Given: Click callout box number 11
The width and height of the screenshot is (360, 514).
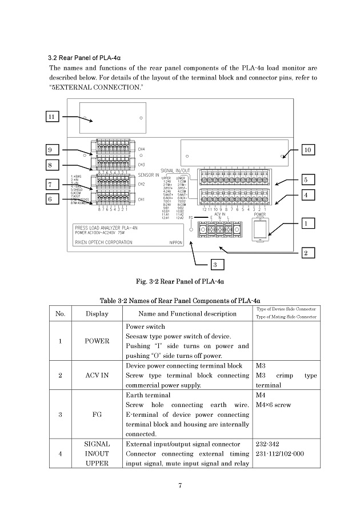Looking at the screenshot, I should (52, 117).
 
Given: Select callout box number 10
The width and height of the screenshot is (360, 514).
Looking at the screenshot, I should (307, 150).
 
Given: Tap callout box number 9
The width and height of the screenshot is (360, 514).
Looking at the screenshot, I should (52, 150).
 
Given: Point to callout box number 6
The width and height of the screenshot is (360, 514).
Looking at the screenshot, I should (52, 199).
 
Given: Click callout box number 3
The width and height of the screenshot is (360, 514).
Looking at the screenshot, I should (215, 265).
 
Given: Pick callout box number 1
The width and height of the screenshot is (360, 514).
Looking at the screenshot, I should (307, 223).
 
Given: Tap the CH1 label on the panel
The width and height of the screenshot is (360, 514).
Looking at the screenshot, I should (142, 200).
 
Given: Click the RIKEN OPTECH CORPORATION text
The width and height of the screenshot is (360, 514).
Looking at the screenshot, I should (103, 242).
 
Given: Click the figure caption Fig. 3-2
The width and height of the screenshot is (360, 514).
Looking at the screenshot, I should (179, 282).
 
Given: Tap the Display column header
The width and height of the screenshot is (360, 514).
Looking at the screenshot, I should (97, 313).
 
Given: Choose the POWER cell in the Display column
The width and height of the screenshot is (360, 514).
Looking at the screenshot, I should (97, 341).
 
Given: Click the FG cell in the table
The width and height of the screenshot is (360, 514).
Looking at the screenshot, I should (97, 415).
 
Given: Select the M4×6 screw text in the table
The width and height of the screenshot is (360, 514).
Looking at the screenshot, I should (274, 405).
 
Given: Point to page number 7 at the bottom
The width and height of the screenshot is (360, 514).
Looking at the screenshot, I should (179, 486).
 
